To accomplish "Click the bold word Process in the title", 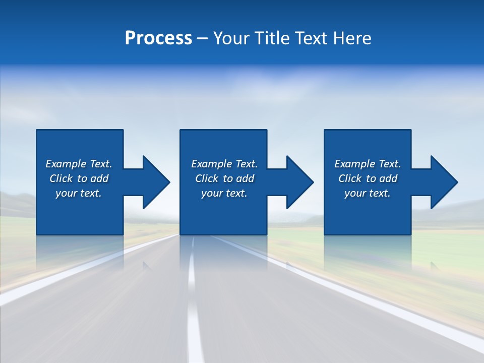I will [x=158, y=38].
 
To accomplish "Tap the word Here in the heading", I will [x=352, y=38].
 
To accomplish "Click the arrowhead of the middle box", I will [x=299, y=182].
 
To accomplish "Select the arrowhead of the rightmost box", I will [x=443, y=182].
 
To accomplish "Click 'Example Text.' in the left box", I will [x=79, y=164].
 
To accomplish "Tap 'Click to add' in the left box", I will [x=79, y=178].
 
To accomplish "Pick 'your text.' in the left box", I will [x=79, y=193].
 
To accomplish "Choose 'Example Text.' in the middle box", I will [x=224, y=164].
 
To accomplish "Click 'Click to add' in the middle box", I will [x=224, y=178].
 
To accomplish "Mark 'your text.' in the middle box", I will [x=224, y=193].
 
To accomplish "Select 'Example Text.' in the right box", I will [x=368, y=164].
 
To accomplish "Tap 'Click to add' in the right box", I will [x=368, y=178].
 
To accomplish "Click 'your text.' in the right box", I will [x=368, y=193].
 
